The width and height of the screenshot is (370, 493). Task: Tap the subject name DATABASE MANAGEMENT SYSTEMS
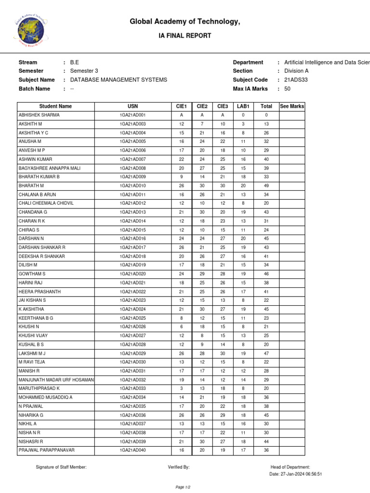pyautogui.click(x=119, y=80)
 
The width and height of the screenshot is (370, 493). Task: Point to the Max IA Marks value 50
pyautogui.click(x=287, y=89)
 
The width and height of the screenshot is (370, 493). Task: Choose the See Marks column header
pyautogui.click(x=292, y=106)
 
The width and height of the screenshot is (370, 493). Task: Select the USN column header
pyautogui.click(x=132, y=106)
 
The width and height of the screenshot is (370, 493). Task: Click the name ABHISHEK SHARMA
pyautogui.click(x=39, y=115)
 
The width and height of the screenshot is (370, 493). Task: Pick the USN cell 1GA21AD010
pyautogui.click(x=132, y=186)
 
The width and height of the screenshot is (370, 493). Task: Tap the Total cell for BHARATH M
pyautogui.click(x=266, y=186)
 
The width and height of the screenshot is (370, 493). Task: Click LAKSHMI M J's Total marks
pyautogui.click(x=266, y=353)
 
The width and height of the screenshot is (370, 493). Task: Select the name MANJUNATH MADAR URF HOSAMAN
pyautogui.click(x=56, y=380)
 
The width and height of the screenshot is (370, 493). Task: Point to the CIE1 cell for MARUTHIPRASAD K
pyautogui.click(x=182, y=389)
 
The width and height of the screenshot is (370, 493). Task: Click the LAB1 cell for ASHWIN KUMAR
pyautogui.click(x=243, y=159)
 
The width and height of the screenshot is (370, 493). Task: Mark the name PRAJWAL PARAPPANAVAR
pyautogui.click(x=47, y=450)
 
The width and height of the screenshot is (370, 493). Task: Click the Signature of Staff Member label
pyautogui.click(x=61, y=467)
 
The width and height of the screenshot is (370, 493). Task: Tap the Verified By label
pyautogui.click(x=179, y=467)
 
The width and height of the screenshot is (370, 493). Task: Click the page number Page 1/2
pyautogui.click(x=183, y=487)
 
